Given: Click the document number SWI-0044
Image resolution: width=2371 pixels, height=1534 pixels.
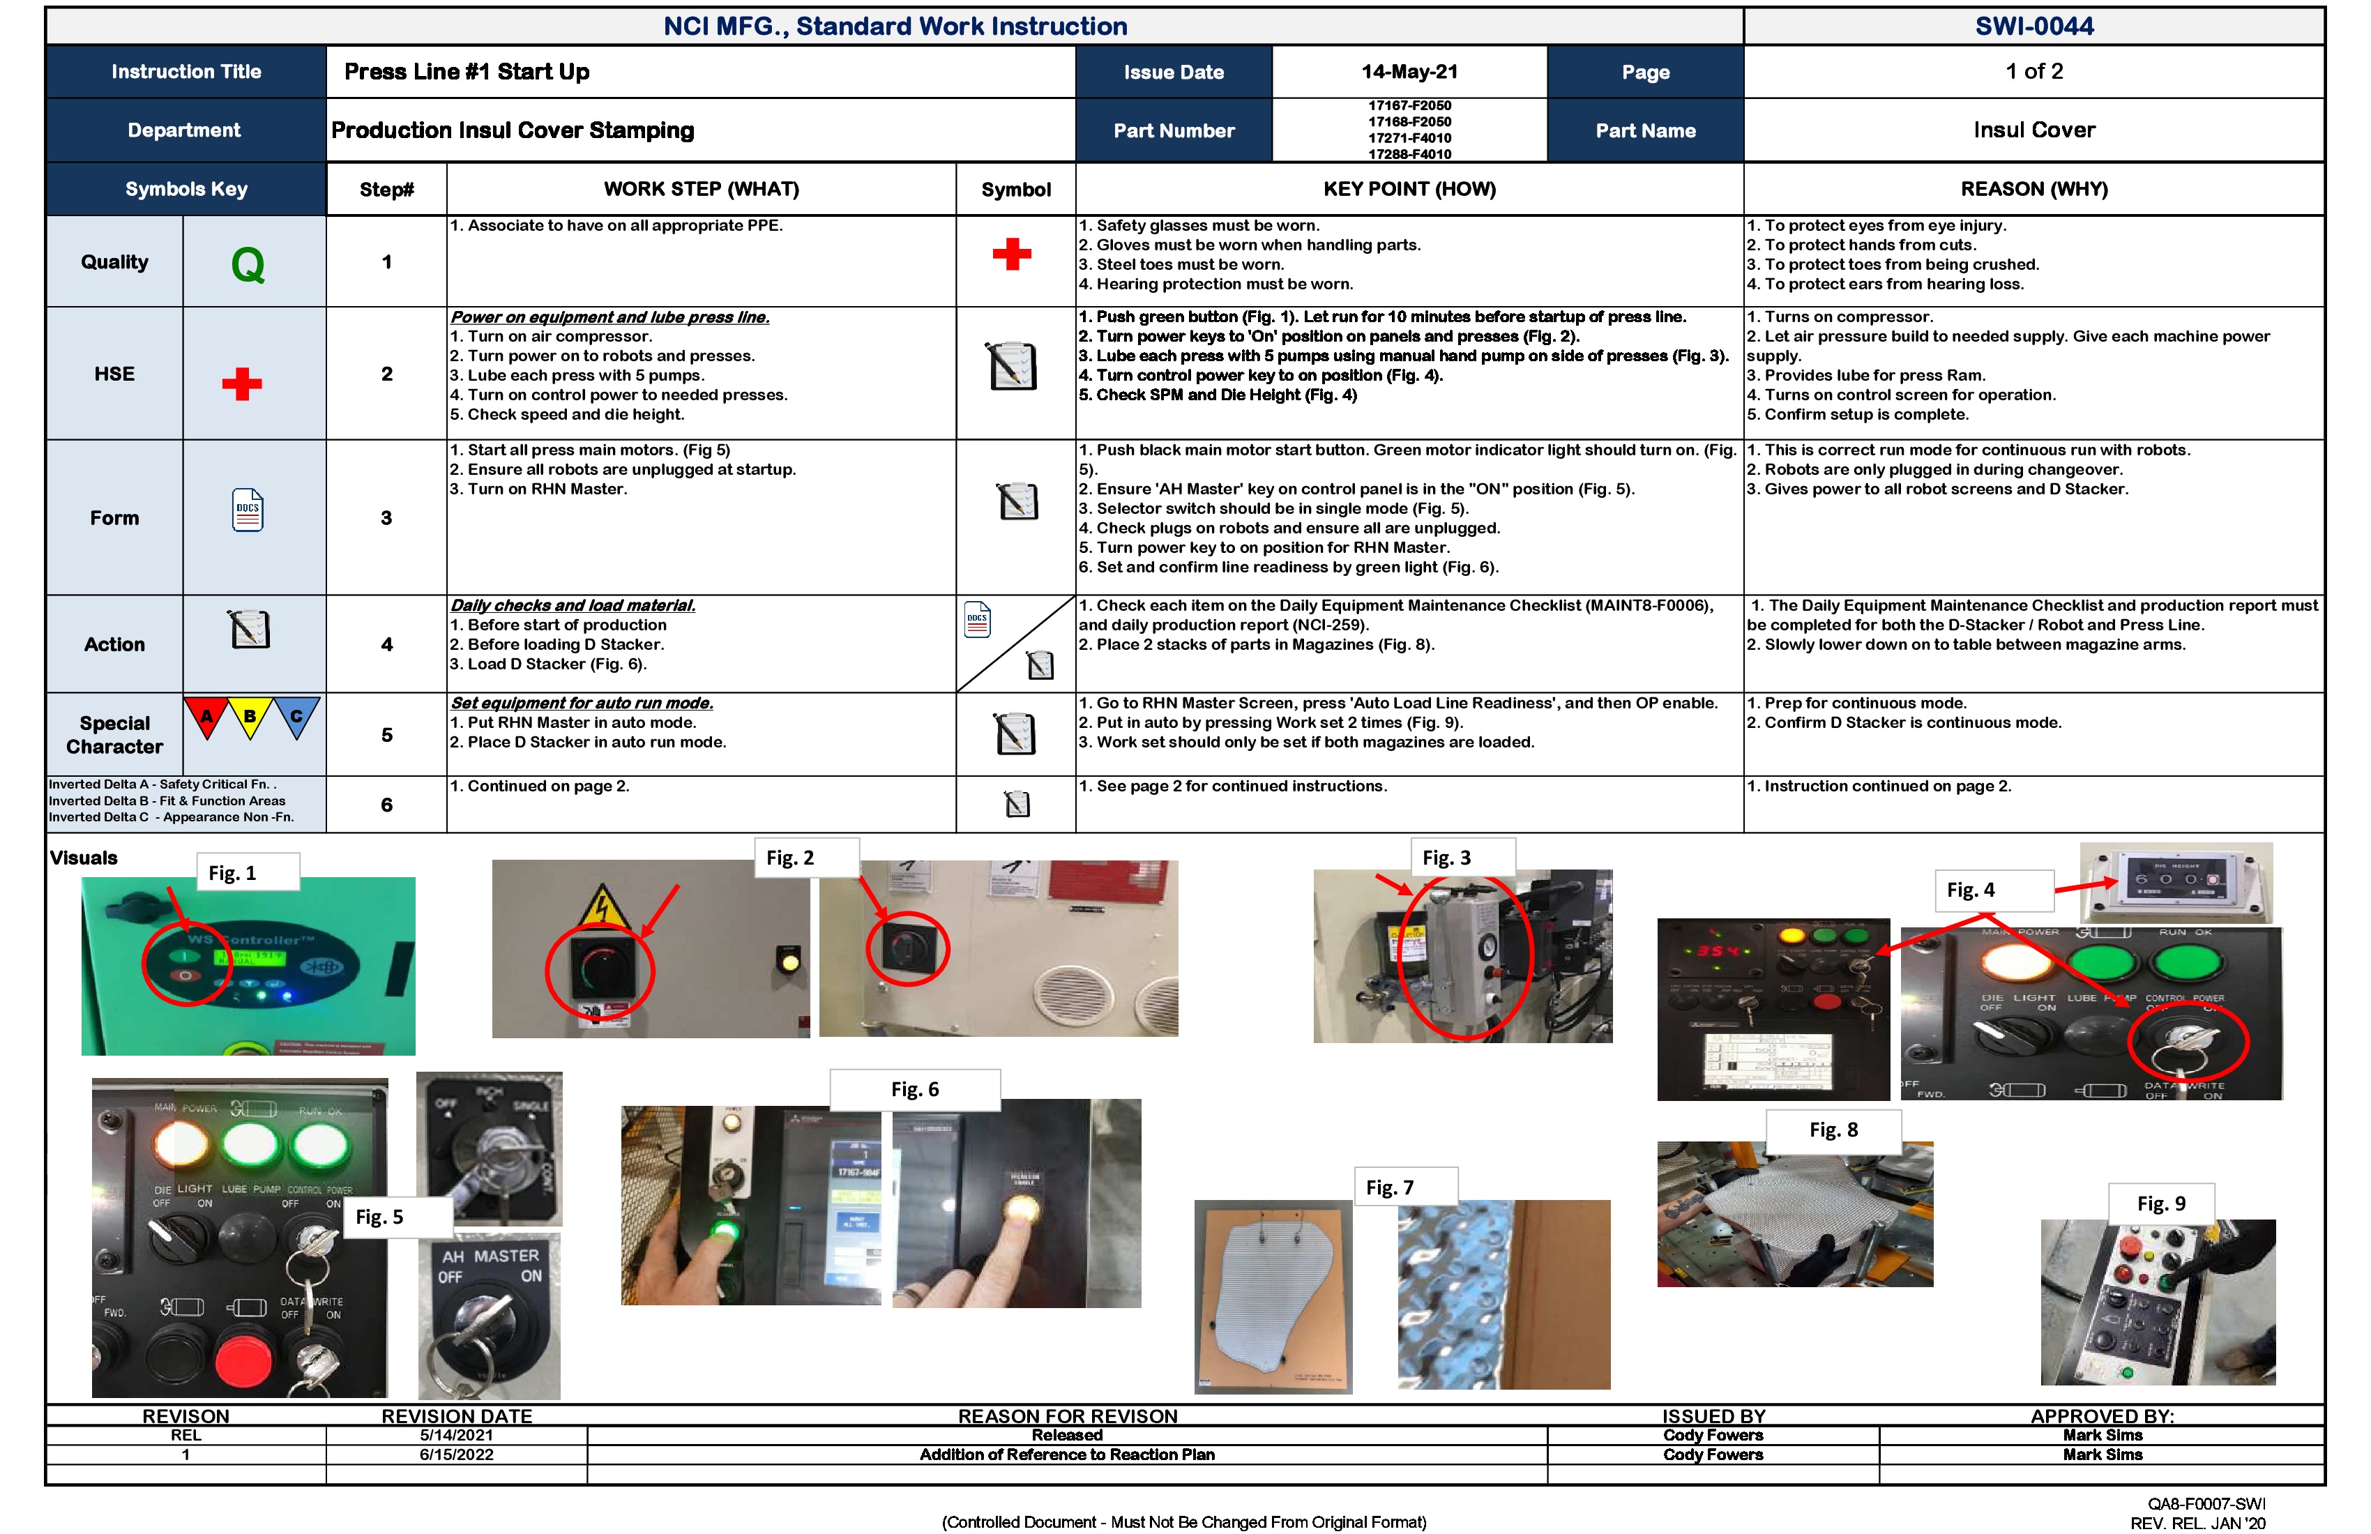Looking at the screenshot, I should (2033, 26).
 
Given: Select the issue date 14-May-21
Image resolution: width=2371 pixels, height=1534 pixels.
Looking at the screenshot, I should (1409, 72).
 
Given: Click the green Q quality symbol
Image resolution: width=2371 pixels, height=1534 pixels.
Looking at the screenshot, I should (248, 265).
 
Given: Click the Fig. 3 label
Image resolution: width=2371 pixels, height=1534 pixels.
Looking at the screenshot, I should (1446, 858).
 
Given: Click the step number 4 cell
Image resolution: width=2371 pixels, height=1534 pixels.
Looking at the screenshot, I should (386, 644).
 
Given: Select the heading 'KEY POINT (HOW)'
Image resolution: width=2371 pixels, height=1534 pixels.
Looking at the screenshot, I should (1409, 189).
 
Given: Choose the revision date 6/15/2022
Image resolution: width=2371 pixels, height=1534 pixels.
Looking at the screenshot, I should (456, 1455).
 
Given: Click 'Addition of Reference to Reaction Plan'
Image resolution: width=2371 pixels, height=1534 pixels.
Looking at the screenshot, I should (1066, 1455).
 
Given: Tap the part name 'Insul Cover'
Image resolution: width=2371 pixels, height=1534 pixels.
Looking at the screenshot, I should (2033, 130).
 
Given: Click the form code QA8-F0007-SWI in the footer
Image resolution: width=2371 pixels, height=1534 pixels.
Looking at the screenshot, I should (2206, 1504).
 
